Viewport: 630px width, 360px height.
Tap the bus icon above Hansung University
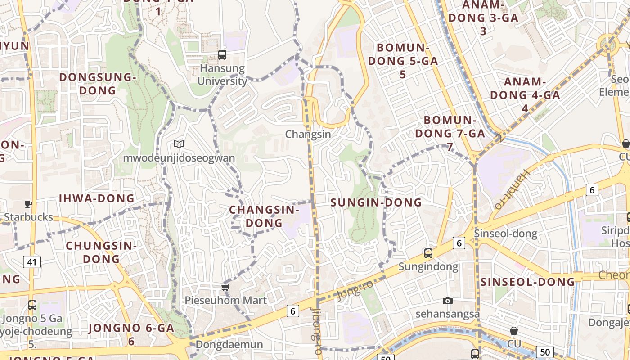pyautogui.click(x=222, y=55)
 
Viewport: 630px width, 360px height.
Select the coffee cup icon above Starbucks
pyautogui.click(x=28, y=204)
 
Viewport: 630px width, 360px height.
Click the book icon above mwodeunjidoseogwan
pyautogui.click(x=179, y=144)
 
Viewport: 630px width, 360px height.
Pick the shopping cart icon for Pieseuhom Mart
pyautogui.click(x=225, y=287)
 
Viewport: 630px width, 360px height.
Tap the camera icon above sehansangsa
pyautogui.click(x=447, y=301)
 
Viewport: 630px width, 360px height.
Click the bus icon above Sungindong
pyautogui.click(x=428, y=253)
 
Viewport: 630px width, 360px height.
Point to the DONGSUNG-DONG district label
pyautogui.click(x=98, y=84)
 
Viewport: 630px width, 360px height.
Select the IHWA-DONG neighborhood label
pyautogui.click(x=97, y=198)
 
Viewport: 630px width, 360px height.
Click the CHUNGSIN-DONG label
pyautogui.click(x=101, y=252)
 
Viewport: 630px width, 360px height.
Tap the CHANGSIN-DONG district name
pyautogui.click(x=264, y=216)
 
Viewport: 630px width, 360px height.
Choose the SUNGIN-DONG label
pyautogui.click(x=376, y=202)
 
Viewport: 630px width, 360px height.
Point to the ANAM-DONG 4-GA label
pyautogui.click(x=525, y=95)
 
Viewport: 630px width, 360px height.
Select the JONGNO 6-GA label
pyautogui.click(x=131, y=334)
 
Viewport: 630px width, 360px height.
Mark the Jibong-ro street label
pyautogui.click(x=315, y=324)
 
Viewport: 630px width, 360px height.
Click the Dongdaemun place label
pyautogui.click(x=229, y=345)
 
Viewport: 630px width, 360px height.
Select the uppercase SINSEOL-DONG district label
pyautogui.click(x=528, y=282)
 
